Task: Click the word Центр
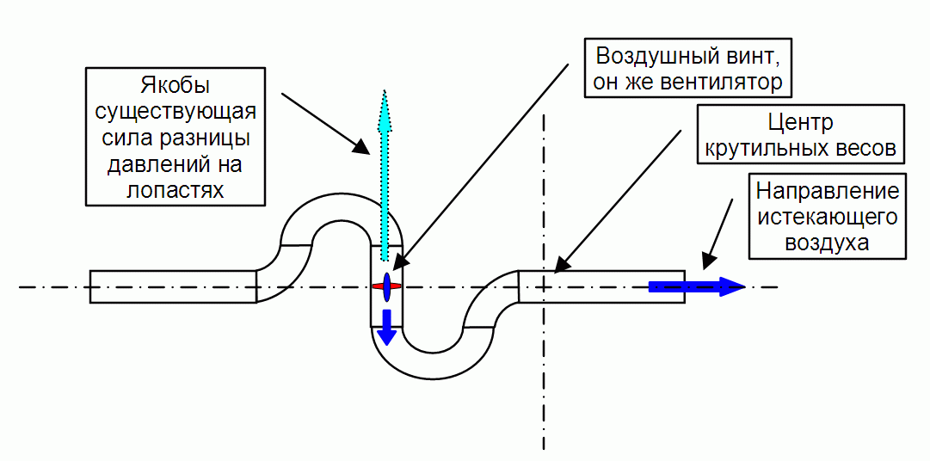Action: tap(800, 122)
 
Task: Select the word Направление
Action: tap(827, 190)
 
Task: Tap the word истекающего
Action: tap(827, 216)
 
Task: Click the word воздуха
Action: tap(827, 243)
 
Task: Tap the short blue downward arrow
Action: tap(387, 327)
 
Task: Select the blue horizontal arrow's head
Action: tap(731, 286)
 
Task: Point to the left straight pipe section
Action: tap(172, 286)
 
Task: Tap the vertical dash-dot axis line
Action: tap(544, 387)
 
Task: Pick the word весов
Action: tap(865, 148)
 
